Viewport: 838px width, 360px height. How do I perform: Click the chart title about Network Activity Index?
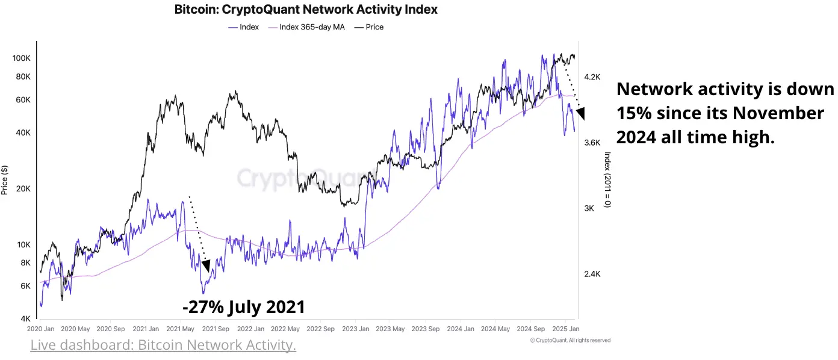[306, 10]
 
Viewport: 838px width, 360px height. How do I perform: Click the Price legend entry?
[373, 27]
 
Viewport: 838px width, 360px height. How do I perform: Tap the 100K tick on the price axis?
[21, 58]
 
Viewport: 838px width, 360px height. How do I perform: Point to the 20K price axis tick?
[22, 189]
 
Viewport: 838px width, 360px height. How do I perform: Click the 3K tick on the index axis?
[589, 208]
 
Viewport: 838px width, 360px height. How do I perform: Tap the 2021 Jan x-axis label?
[146, 329]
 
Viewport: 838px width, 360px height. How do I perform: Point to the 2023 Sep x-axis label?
[426, 329]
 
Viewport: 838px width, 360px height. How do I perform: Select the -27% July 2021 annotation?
[244, 307]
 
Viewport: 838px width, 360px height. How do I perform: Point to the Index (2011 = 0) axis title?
[607, 179]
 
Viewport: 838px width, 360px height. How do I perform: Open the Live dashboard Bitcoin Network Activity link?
[163, 346]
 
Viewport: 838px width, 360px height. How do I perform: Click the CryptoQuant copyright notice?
[570, 340]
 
